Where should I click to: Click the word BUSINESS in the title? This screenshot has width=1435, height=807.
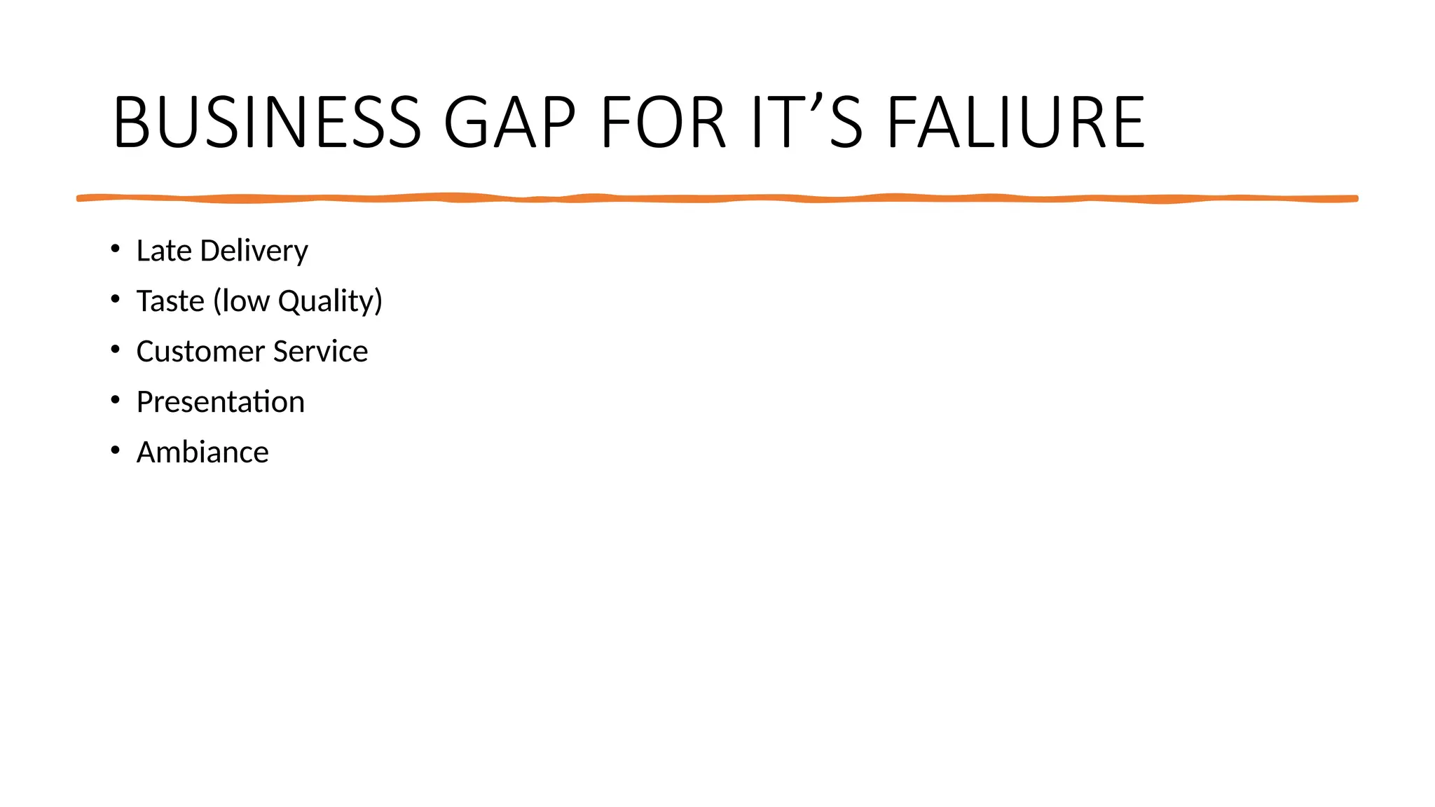click(x=267, y=123)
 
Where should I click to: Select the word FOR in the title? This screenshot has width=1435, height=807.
click(x=663, y=123)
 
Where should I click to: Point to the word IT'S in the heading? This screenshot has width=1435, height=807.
click(x=806, y=123)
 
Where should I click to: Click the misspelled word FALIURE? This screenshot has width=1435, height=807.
click(x=1016, y=123)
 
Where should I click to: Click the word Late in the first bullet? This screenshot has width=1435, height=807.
click(x=164, y=251)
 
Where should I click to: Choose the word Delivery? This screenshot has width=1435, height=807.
click(x=254, y=251)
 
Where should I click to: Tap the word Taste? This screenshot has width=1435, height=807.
click(x=170, y=301)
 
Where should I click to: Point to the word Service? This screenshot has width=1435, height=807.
click(x=320, y=352)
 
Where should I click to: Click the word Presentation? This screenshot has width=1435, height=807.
click(x=221, y=402)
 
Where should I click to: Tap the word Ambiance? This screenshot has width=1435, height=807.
click(x=202, y=453)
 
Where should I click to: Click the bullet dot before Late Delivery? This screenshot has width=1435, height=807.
click(x=116, y=249)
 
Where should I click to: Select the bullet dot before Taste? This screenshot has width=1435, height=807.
click(x=116, y=299)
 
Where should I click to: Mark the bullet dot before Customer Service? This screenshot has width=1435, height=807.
click(x=116, y=350)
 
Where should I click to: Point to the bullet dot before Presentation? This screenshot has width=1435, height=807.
click(x=116, y=400)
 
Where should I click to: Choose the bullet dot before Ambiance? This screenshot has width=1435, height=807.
click(x=116, y=450)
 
